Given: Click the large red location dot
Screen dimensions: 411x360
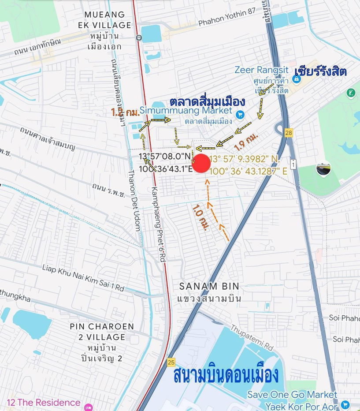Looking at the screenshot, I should click(x=202, y=164).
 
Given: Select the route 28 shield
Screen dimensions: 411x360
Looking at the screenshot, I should click(x=289, y=132).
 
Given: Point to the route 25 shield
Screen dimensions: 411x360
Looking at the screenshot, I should click(x=171, y=362).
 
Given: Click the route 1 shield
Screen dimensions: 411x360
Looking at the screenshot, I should click(x=293, y=164).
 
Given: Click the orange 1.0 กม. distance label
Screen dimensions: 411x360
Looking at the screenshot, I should click(x=201, y=217).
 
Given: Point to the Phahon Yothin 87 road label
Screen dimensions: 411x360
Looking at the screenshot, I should click(x=226, y=23).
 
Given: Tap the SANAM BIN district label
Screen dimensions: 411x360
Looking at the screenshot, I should click(x=209, y=285).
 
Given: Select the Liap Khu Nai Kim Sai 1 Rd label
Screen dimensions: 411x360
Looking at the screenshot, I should click(x=83, y=277).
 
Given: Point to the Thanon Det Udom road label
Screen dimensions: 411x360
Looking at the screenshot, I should click(x=134, y=201).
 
